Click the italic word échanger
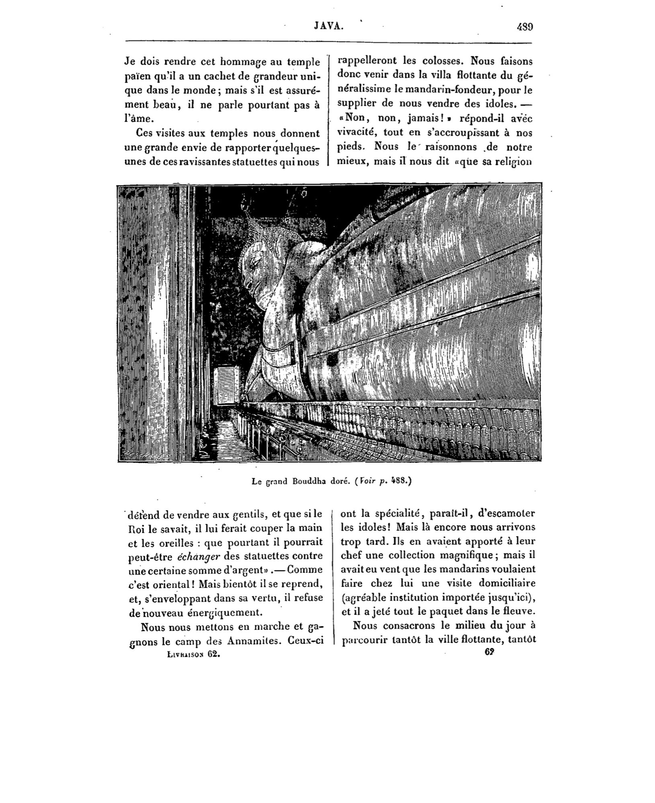(x=197, y=556)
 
